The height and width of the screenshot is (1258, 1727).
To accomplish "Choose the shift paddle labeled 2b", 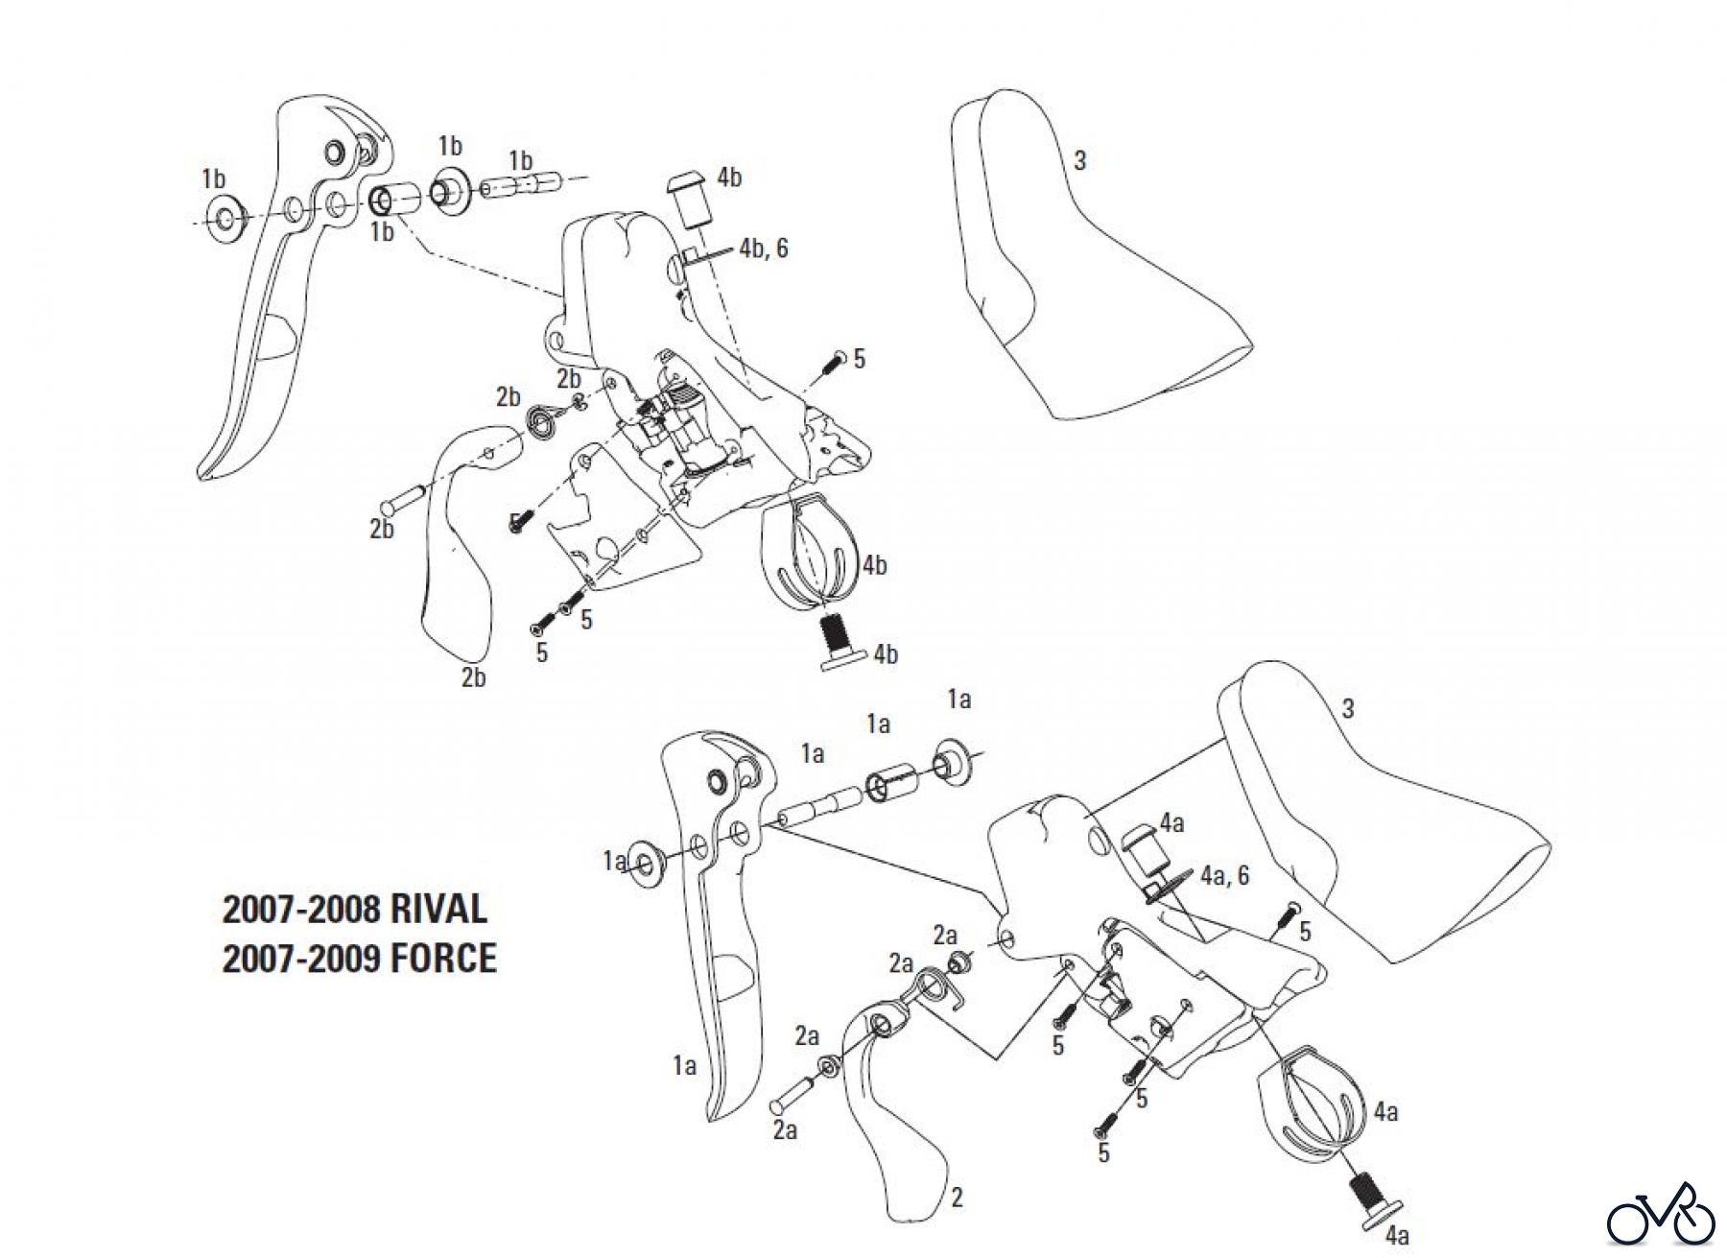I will [456, 557].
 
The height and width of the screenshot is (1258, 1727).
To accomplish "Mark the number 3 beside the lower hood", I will [1348, 709].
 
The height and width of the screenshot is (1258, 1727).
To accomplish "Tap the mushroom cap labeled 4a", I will [1143, 844].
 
